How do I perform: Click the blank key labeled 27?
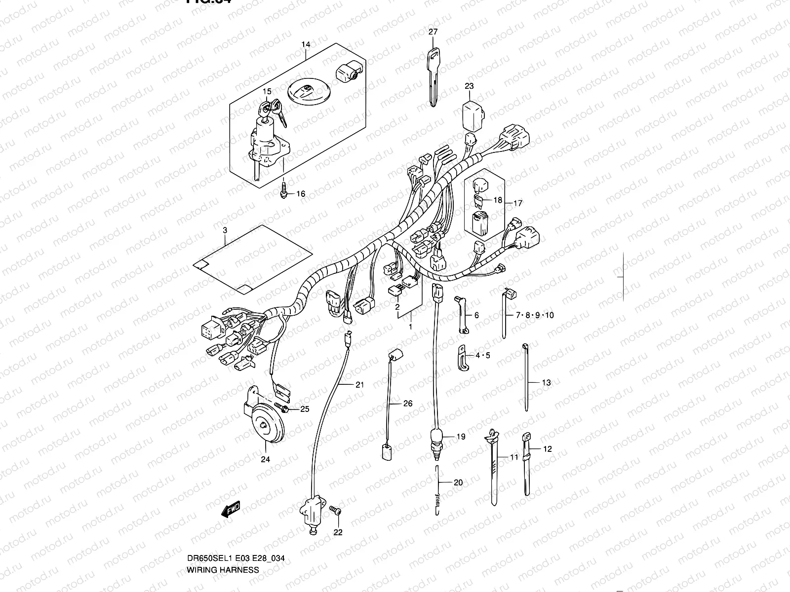(433, 74)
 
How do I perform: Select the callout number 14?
(306, 45)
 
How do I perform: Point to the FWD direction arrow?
(231, 509)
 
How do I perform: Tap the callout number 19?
(460, 437)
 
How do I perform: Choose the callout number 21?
(359, 384)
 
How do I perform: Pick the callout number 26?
(407, 404)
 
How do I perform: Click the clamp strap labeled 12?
(526, 464)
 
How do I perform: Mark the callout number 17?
(517, 203)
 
